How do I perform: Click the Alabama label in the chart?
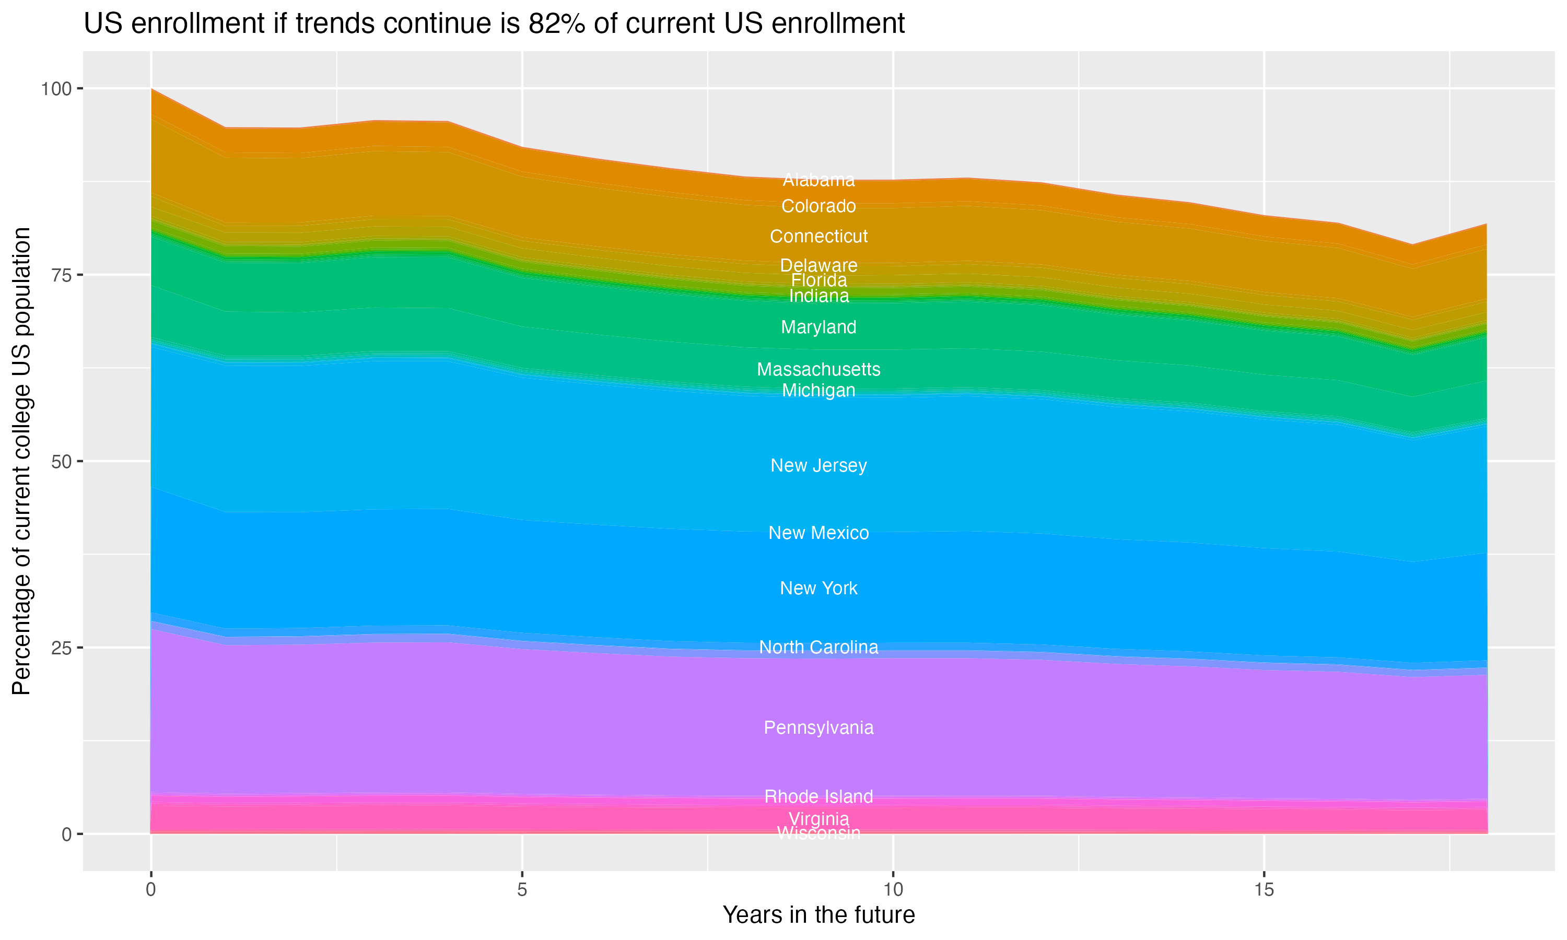(818, 180)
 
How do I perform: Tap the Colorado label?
(818, 206)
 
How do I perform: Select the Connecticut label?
(818, 236)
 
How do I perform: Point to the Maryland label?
(818, 327)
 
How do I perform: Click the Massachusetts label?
(818, 369)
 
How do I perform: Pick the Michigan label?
(818, 390)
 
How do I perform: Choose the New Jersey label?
(818, 466)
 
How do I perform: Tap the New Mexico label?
(818, 533)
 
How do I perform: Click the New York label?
(818, 588)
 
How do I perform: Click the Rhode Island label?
(818, 796)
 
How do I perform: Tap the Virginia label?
(818, 818)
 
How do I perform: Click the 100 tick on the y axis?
(56, 89)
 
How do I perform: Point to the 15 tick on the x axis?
(1264, 890)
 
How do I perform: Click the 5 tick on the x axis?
(522, 890)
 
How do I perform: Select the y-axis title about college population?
(21, 461)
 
